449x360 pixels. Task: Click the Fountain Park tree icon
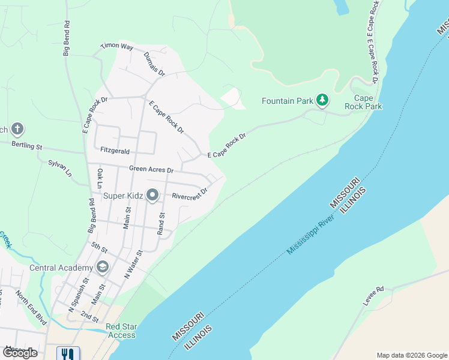pos(322,100)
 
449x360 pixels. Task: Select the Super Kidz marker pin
pos(152,194)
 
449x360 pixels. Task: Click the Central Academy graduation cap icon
pos(103,267)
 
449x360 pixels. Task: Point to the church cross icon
pos(17,128)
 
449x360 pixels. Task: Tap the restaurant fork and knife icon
pos(68,354)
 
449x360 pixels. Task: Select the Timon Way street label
pos(116,46)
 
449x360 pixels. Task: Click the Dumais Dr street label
pos(154,63)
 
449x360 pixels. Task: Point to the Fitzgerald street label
pos(115,150)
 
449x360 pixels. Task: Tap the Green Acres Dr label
pos(151,169)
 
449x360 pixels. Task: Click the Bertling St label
pos(28,146)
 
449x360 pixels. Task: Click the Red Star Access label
pos(121,331)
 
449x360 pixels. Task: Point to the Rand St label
pos(161,224)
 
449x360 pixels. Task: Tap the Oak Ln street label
pos(100,179)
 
